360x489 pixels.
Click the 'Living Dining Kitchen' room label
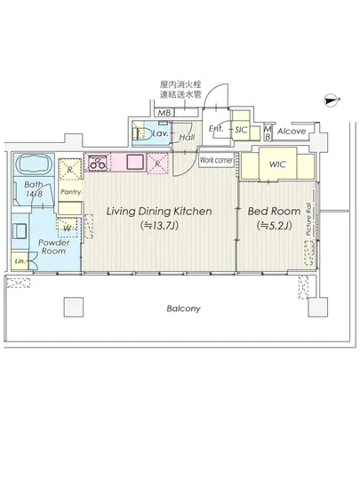tap(158, 212)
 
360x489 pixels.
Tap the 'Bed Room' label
tap(267, 212)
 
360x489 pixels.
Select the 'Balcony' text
tap(181, 309)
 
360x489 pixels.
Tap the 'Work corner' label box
tap(217, 160)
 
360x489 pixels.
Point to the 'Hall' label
tap(188, 138)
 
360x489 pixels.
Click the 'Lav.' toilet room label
tap(161, 132)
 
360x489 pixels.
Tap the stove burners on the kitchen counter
tap(97, 162)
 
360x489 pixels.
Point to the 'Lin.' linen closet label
tap(20, 261)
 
